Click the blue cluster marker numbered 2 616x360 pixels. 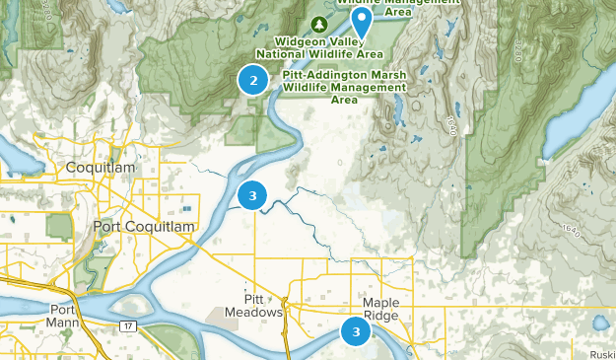tap(253, 81)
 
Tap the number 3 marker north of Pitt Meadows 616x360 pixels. tap(252, 196)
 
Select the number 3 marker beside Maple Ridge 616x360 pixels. tap(355, 332)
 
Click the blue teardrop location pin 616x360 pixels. tap(362, 20)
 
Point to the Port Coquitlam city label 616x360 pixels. tap(144, 227)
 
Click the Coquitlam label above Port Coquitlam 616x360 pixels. tap(100, 168)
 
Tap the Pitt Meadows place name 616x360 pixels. tap(263, 306)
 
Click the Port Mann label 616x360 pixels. tap(67, 316)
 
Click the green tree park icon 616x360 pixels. tap(319, 23)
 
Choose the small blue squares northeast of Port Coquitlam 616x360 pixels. tap(185, 209)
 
